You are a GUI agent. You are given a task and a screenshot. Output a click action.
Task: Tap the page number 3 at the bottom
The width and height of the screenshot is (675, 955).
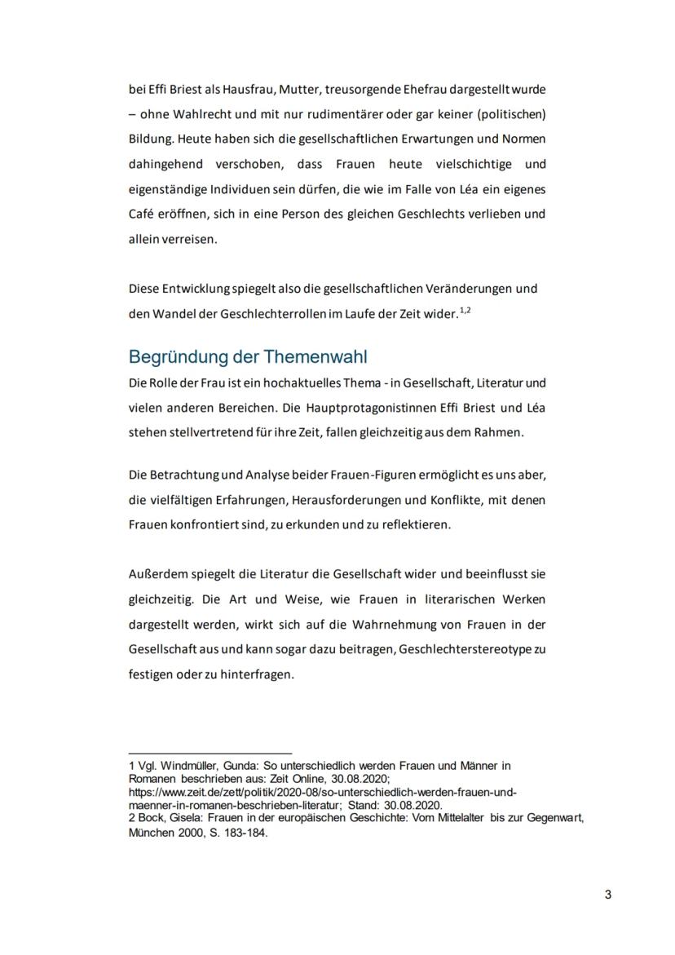click(608, 895)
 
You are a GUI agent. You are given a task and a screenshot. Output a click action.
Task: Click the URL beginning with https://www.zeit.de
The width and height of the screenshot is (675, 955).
click(323, 792)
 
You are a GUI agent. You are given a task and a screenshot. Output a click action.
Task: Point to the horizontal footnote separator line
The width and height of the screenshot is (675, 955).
click(210, 753)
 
